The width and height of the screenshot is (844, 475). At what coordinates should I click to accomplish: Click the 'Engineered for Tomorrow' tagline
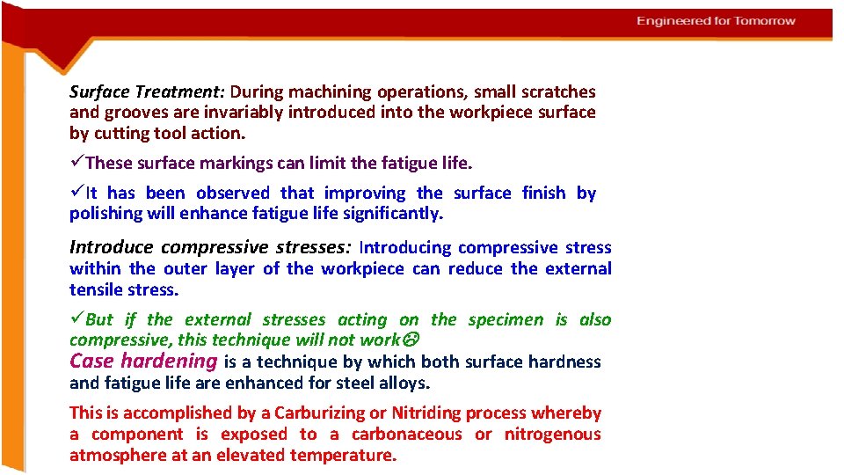point(716,21)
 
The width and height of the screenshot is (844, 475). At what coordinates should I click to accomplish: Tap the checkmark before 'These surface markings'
point(77,162)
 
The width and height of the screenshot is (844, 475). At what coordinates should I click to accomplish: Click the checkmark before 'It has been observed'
point(77,193)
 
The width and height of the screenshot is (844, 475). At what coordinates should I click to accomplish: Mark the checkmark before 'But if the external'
point(77,319)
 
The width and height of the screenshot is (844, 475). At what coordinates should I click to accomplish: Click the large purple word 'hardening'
point(169,361)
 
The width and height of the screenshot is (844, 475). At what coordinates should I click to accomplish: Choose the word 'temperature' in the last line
point(345,456)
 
